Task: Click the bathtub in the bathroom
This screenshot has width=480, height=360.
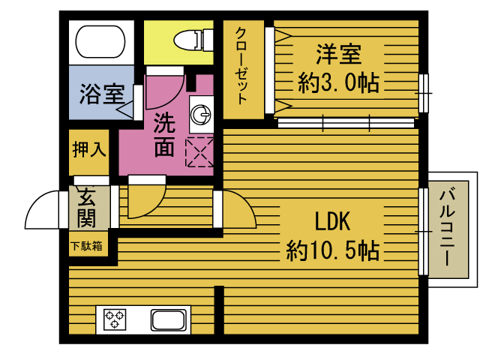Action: (100, 41)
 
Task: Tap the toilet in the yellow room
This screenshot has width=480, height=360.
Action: (193, 40)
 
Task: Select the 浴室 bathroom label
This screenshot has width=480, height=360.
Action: (102, 94)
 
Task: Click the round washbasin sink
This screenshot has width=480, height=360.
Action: (201, 114)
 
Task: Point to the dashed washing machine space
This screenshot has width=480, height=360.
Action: (199, 152)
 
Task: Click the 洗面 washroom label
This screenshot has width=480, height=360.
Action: (164, 135)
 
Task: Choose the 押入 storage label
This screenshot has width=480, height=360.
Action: (89, 149)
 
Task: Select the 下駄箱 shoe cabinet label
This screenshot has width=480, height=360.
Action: (86, 246)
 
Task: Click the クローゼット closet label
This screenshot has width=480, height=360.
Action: (241, 66)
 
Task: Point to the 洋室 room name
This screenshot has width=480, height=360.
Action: (338, 54)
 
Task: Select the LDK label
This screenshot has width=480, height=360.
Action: (333, 221)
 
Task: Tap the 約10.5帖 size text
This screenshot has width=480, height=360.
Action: (333, 250)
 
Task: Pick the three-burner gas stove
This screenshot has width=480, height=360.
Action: (115, 319)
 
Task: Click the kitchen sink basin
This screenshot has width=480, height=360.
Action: (169, 320)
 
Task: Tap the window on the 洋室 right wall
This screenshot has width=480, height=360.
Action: (424, 93)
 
